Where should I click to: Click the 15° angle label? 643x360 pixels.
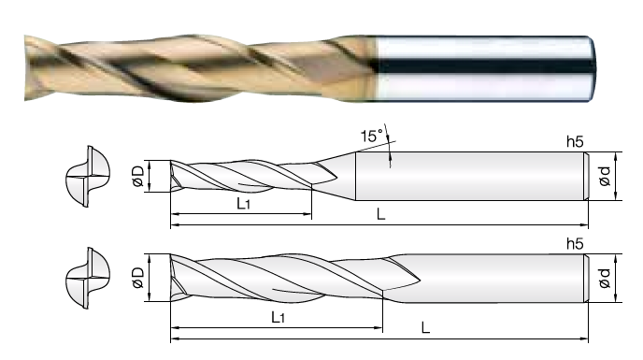pos(372,136)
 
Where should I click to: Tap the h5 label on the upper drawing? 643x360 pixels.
pos(575,141)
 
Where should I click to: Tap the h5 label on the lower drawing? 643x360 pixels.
pos(575,244)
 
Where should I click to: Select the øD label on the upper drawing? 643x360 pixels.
pos(138,176)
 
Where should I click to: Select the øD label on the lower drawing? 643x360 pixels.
pos(138,278)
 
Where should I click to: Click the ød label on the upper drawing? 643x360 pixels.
pos(605,176)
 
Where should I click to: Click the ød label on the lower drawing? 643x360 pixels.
pos(605,278)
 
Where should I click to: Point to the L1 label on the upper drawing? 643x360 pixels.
pos(244,203)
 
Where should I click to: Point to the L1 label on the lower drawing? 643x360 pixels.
pos(278,317)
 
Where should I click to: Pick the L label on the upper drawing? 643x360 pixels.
pos(381,214)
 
